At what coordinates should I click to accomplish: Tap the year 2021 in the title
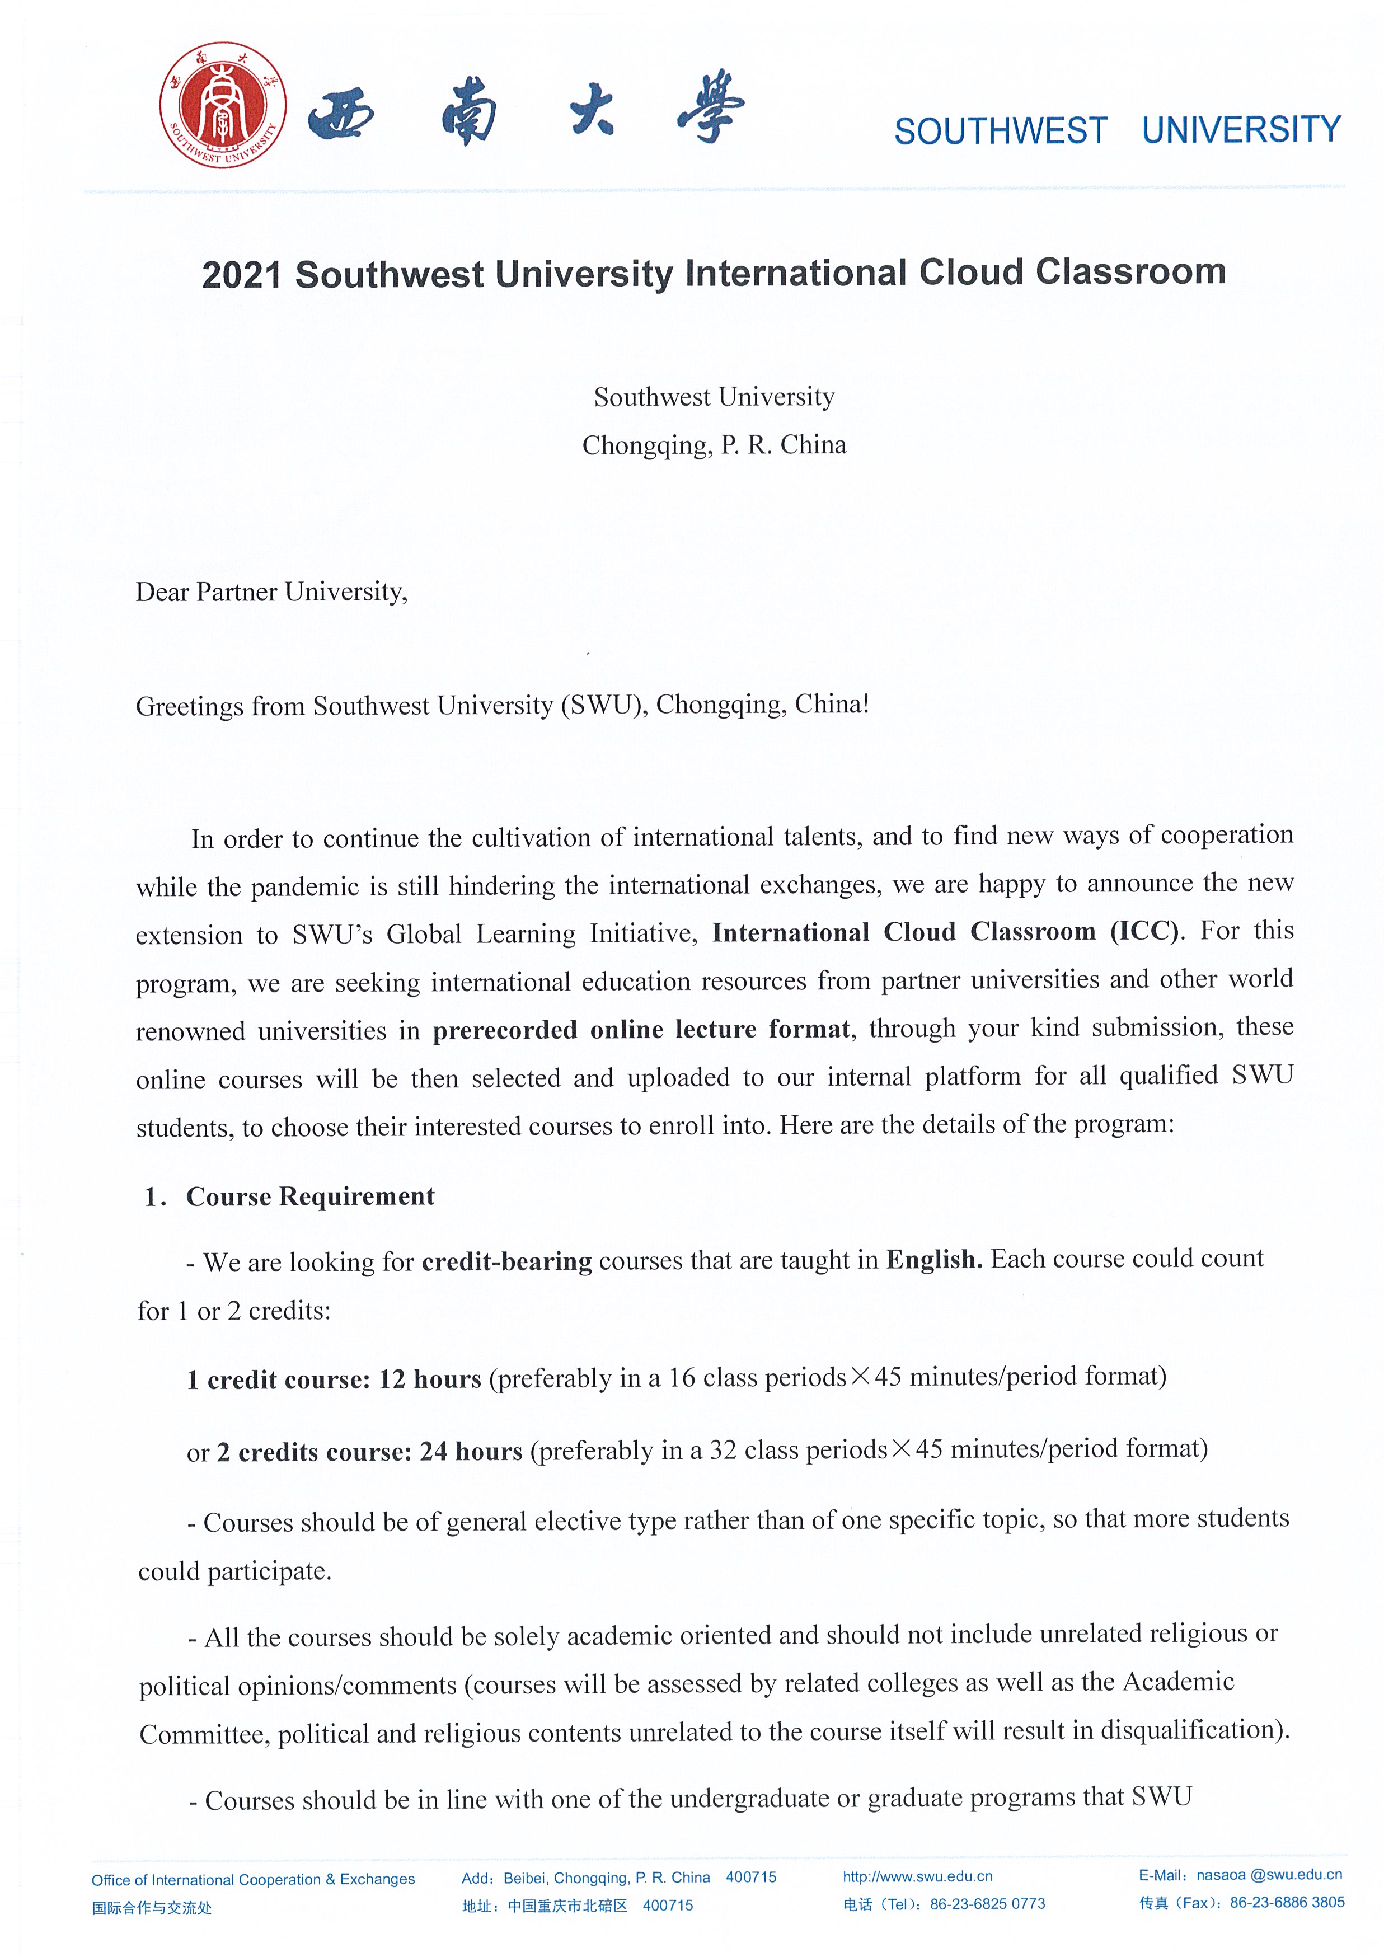pyautogui.click(x=241, y=274)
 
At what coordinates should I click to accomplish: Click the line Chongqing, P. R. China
pyautogui.click(x=714, y=445)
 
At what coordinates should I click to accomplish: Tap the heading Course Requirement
pyautogui.click(x=310, y=1196)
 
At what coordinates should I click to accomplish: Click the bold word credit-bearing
pyautogui.click(x=506, y=1261)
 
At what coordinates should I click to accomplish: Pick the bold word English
pyautogui.click(x=933, y=1259)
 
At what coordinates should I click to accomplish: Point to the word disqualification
pyautogui.click(x=1190, y=1730)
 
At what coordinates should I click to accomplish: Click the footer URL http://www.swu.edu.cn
pyautogui.click(x=917, y=1876)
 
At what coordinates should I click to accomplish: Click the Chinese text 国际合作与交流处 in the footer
pyautogui.click(x=152, y=1908)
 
